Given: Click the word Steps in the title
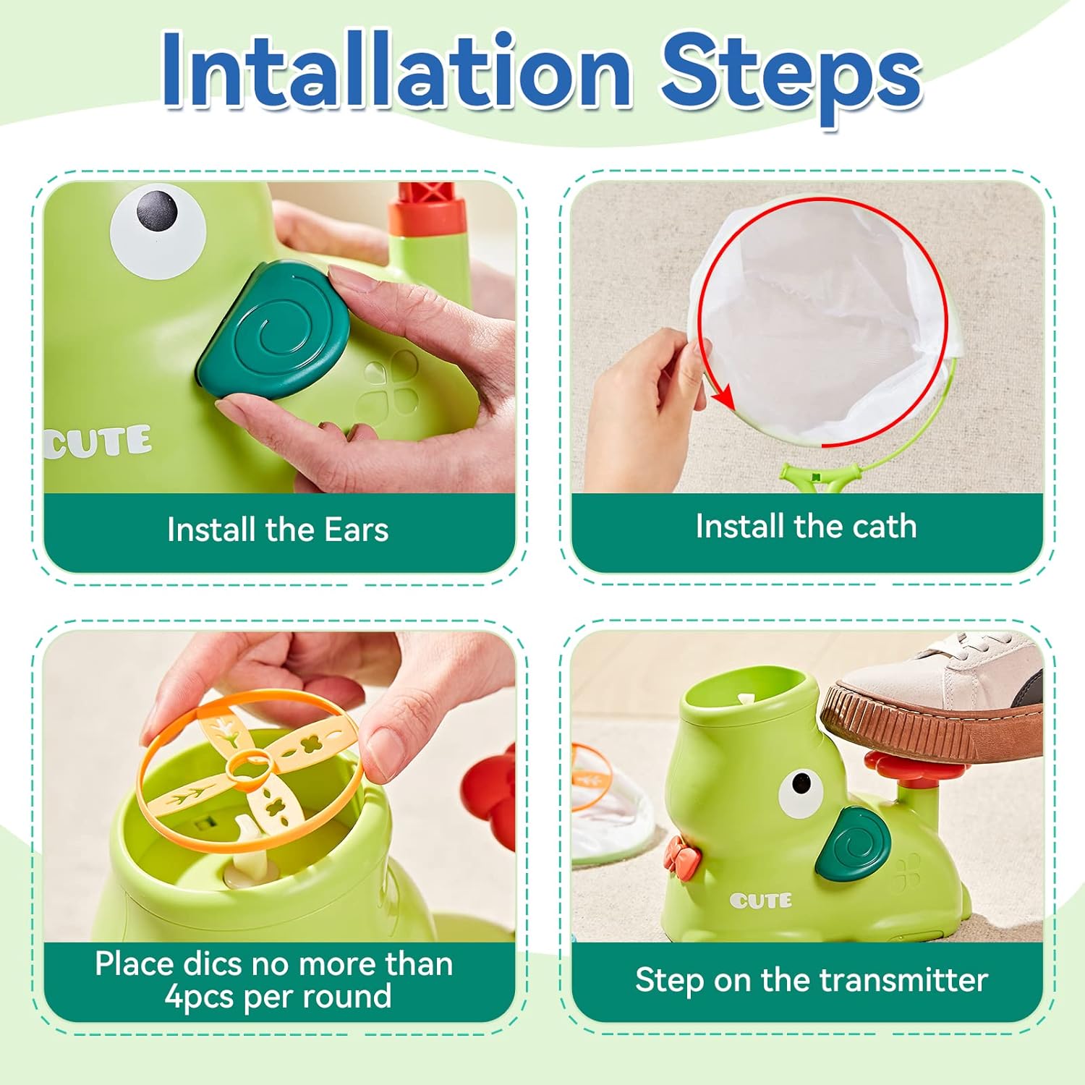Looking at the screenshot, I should (790, 76).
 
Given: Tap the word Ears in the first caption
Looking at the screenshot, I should (356, 530).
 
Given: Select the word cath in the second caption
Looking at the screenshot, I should (884, 527).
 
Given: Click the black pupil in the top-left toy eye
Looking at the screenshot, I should (157, 209).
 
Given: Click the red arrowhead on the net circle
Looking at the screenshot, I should (722, 397).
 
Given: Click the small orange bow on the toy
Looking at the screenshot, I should (683, 854).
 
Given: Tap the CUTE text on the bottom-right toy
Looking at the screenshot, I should (760, 901).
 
